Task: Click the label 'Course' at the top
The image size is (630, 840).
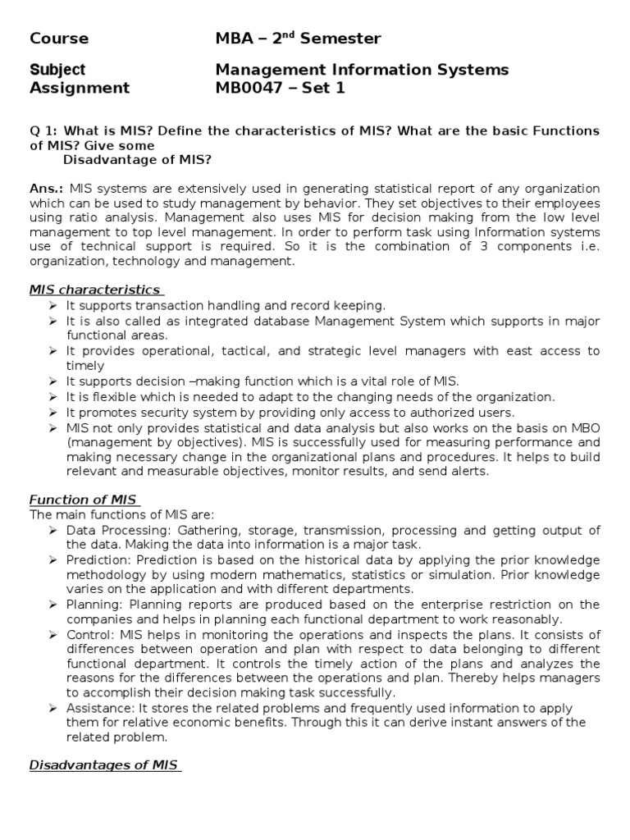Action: pos(59,39)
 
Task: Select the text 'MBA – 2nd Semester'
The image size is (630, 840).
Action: pos(298,39)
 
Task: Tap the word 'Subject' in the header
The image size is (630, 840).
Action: pos(57,70)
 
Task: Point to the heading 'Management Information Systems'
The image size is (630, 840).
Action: pos(362,70)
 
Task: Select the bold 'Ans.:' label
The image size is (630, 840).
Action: pos(48,189)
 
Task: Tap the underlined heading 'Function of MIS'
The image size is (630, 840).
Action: pos(84,500)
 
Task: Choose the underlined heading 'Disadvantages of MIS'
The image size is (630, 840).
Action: pos(104,765)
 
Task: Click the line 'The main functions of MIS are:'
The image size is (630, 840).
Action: pos(121,515)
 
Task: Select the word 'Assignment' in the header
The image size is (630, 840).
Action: pos(80,88)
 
